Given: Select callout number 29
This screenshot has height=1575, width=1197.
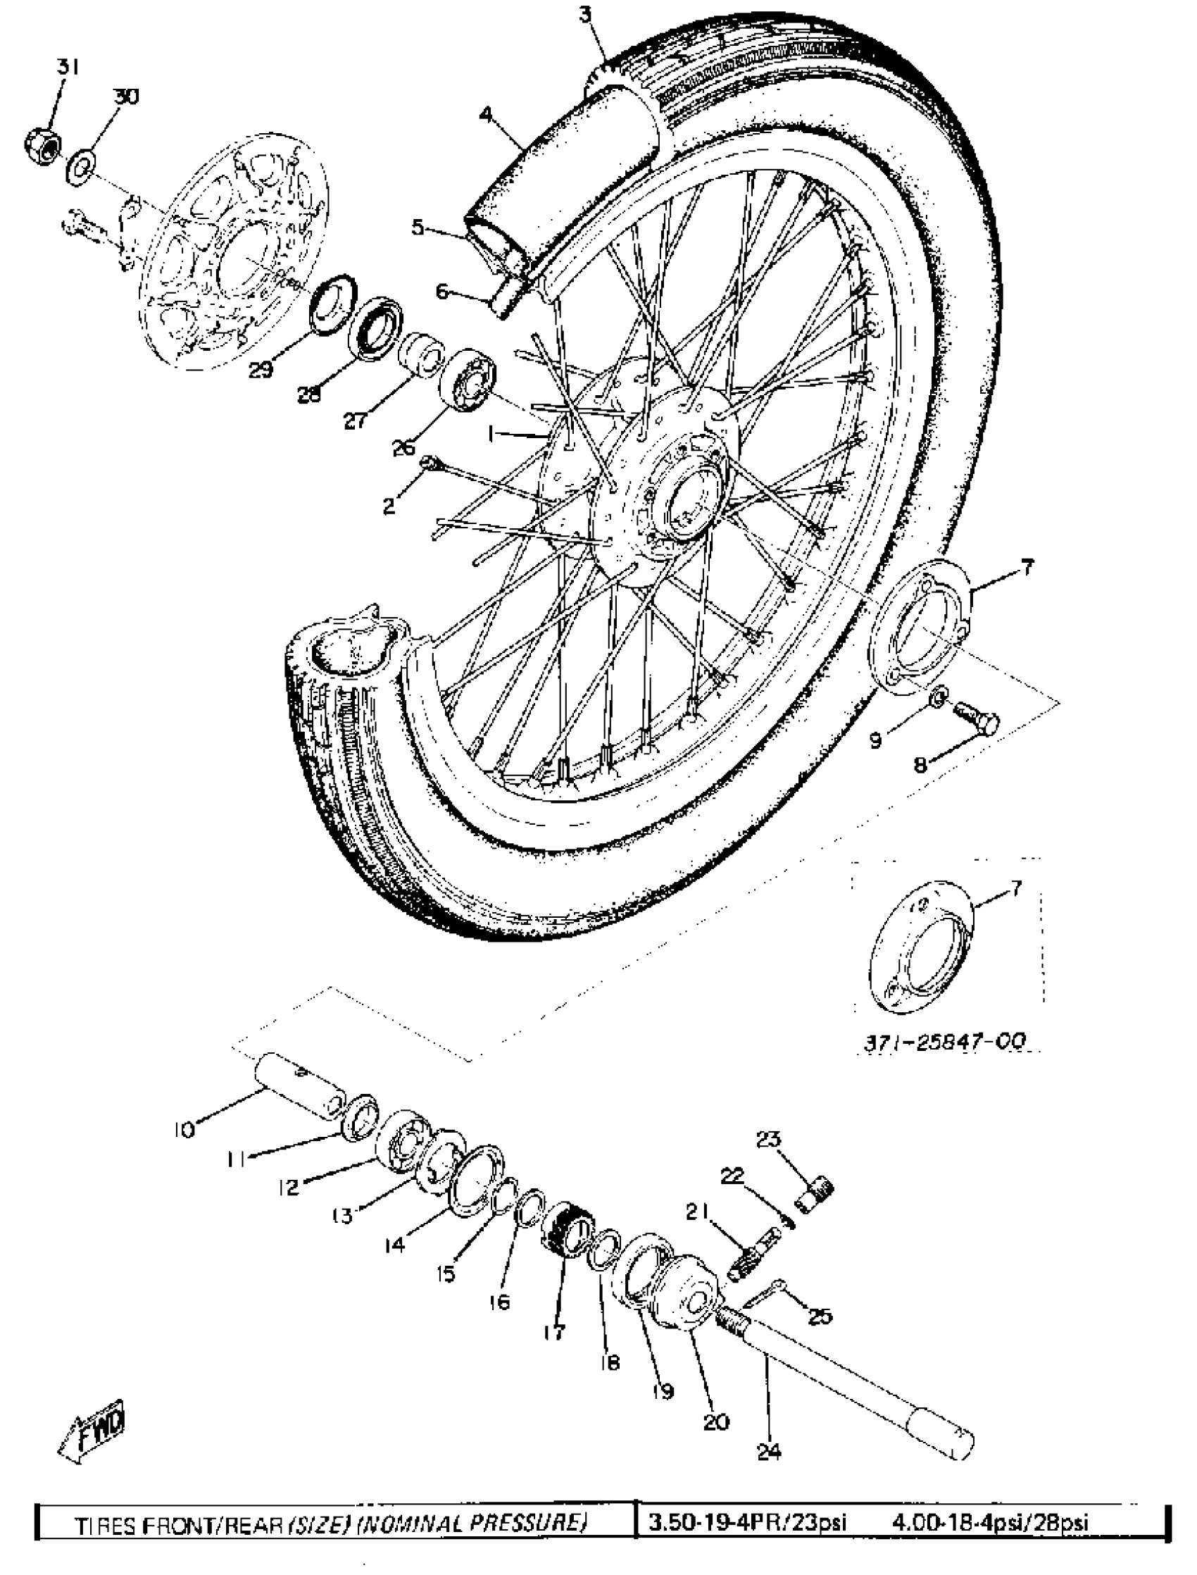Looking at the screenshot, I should pyautogui.click(x=261, y=370).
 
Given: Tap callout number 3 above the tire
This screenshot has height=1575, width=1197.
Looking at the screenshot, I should pyautogui.click(x=585, y=15).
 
